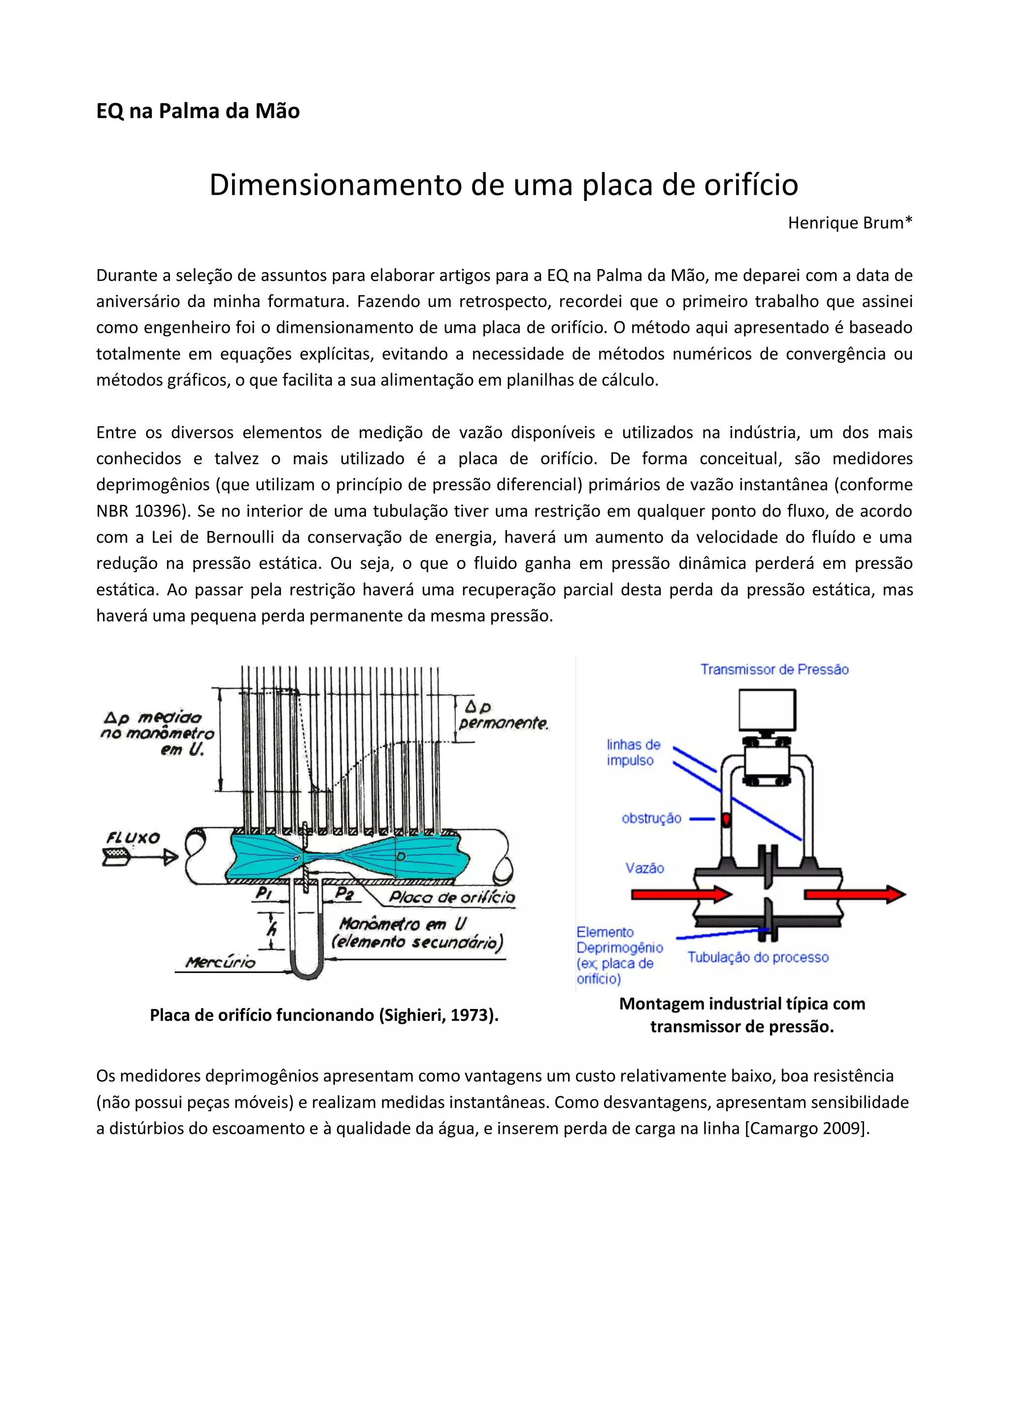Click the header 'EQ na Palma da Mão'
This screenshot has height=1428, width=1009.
[x=198, y=111]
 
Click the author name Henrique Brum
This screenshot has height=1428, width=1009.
[x=849, y=223]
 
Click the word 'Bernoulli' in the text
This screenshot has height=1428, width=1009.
[x=240, y=537]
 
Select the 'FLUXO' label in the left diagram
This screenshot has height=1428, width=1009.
[x=133, y=838]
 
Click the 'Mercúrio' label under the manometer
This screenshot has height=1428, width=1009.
[x=220, y=962]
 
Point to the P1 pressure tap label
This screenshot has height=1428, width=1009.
[x=264, y=893]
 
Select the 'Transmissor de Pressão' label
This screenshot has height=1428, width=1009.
[x=774, y=669]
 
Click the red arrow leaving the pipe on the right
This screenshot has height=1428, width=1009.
[x=855, y=894]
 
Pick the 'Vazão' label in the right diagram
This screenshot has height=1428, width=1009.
[x=645, y=868]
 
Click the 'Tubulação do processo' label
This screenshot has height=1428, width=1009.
[x=758, y=957]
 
